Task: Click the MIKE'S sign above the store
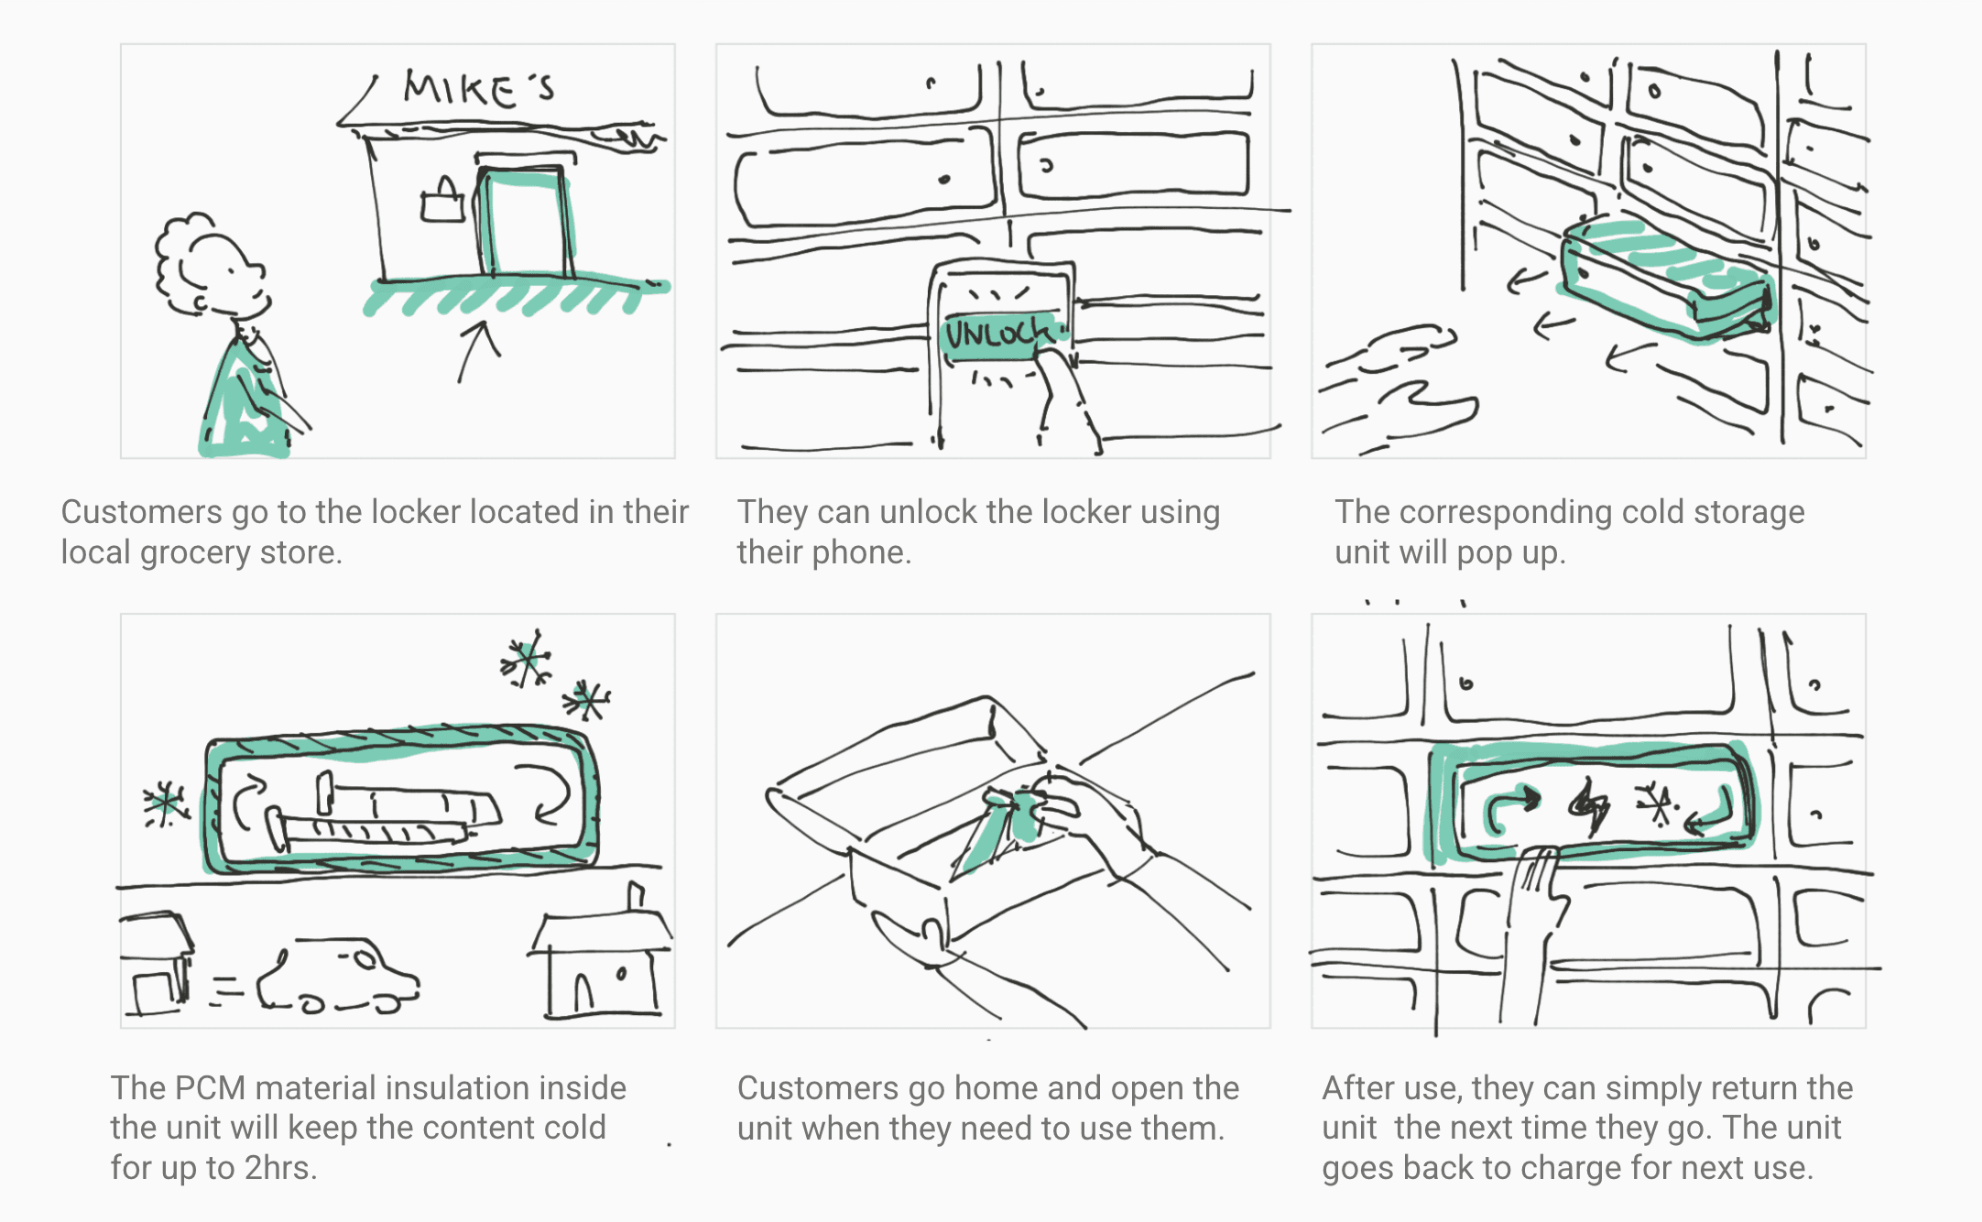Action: click(x=478, y=89)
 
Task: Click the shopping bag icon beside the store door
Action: click(x=442, y=202)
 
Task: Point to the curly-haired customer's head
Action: click(x=212, y=266)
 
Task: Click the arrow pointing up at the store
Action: click(x=477, y=349)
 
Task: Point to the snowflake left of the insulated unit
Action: click(x=165, y=804)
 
